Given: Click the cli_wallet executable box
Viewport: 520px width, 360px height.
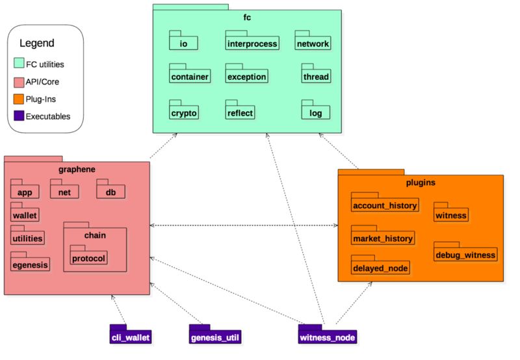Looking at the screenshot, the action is pos(131,334).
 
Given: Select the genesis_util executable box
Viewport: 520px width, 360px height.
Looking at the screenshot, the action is pos(215,334).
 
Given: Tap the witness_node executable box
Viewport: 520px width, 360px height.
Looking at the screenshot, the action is pos(328,334).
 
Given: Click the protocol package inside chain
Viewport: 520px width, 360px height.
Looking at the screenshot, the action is pos(88,255).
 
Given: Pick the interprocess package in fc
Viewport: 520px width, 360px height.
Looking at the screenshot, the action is pos(252,40).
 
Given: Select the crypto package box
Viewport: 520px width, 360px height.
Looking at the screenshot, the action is pos(184,110).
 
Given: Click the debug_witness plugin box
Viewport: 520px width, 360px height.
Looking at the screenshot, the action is pos(465,251).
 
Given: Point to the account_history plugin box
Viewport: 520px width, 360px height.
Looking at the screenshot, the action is pos(385,202).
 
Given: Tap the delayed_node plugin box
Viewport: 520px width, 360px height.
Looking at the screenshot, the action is pos(380,265).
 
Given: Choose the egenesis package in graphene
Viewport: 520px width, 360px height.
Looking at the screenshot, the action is pos(30,261).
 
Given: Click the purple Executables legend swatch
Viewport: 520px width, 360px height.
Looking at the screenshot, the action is pos(19,116).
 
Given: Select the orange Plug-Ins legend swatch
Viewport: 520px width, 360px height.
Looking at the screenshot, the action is pos(19,99).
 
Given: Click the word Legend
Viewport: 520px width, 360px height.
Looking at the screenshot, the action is pos(37,43).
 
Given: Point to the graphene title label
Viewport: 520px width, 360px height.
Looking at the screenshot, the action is pos(77,170).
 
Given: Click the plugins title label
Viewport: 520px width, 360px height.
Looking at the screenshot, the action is pos(421,183).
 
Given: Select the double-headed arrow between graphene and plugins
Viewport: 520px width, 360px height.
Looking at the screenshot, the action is pos(244,225).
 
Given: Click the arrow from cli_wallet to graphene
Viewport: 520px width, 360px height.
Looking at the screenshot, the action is pos(119,309).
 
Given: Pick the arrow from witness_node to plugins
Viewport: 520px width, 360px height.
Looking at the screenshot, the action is pos(354,303).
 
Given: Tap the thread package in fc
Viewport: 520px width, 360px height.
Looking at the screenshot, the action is pos(316,73).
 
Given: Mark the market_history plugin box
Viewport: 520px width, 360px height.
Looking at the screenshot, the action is pos(383,235).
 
